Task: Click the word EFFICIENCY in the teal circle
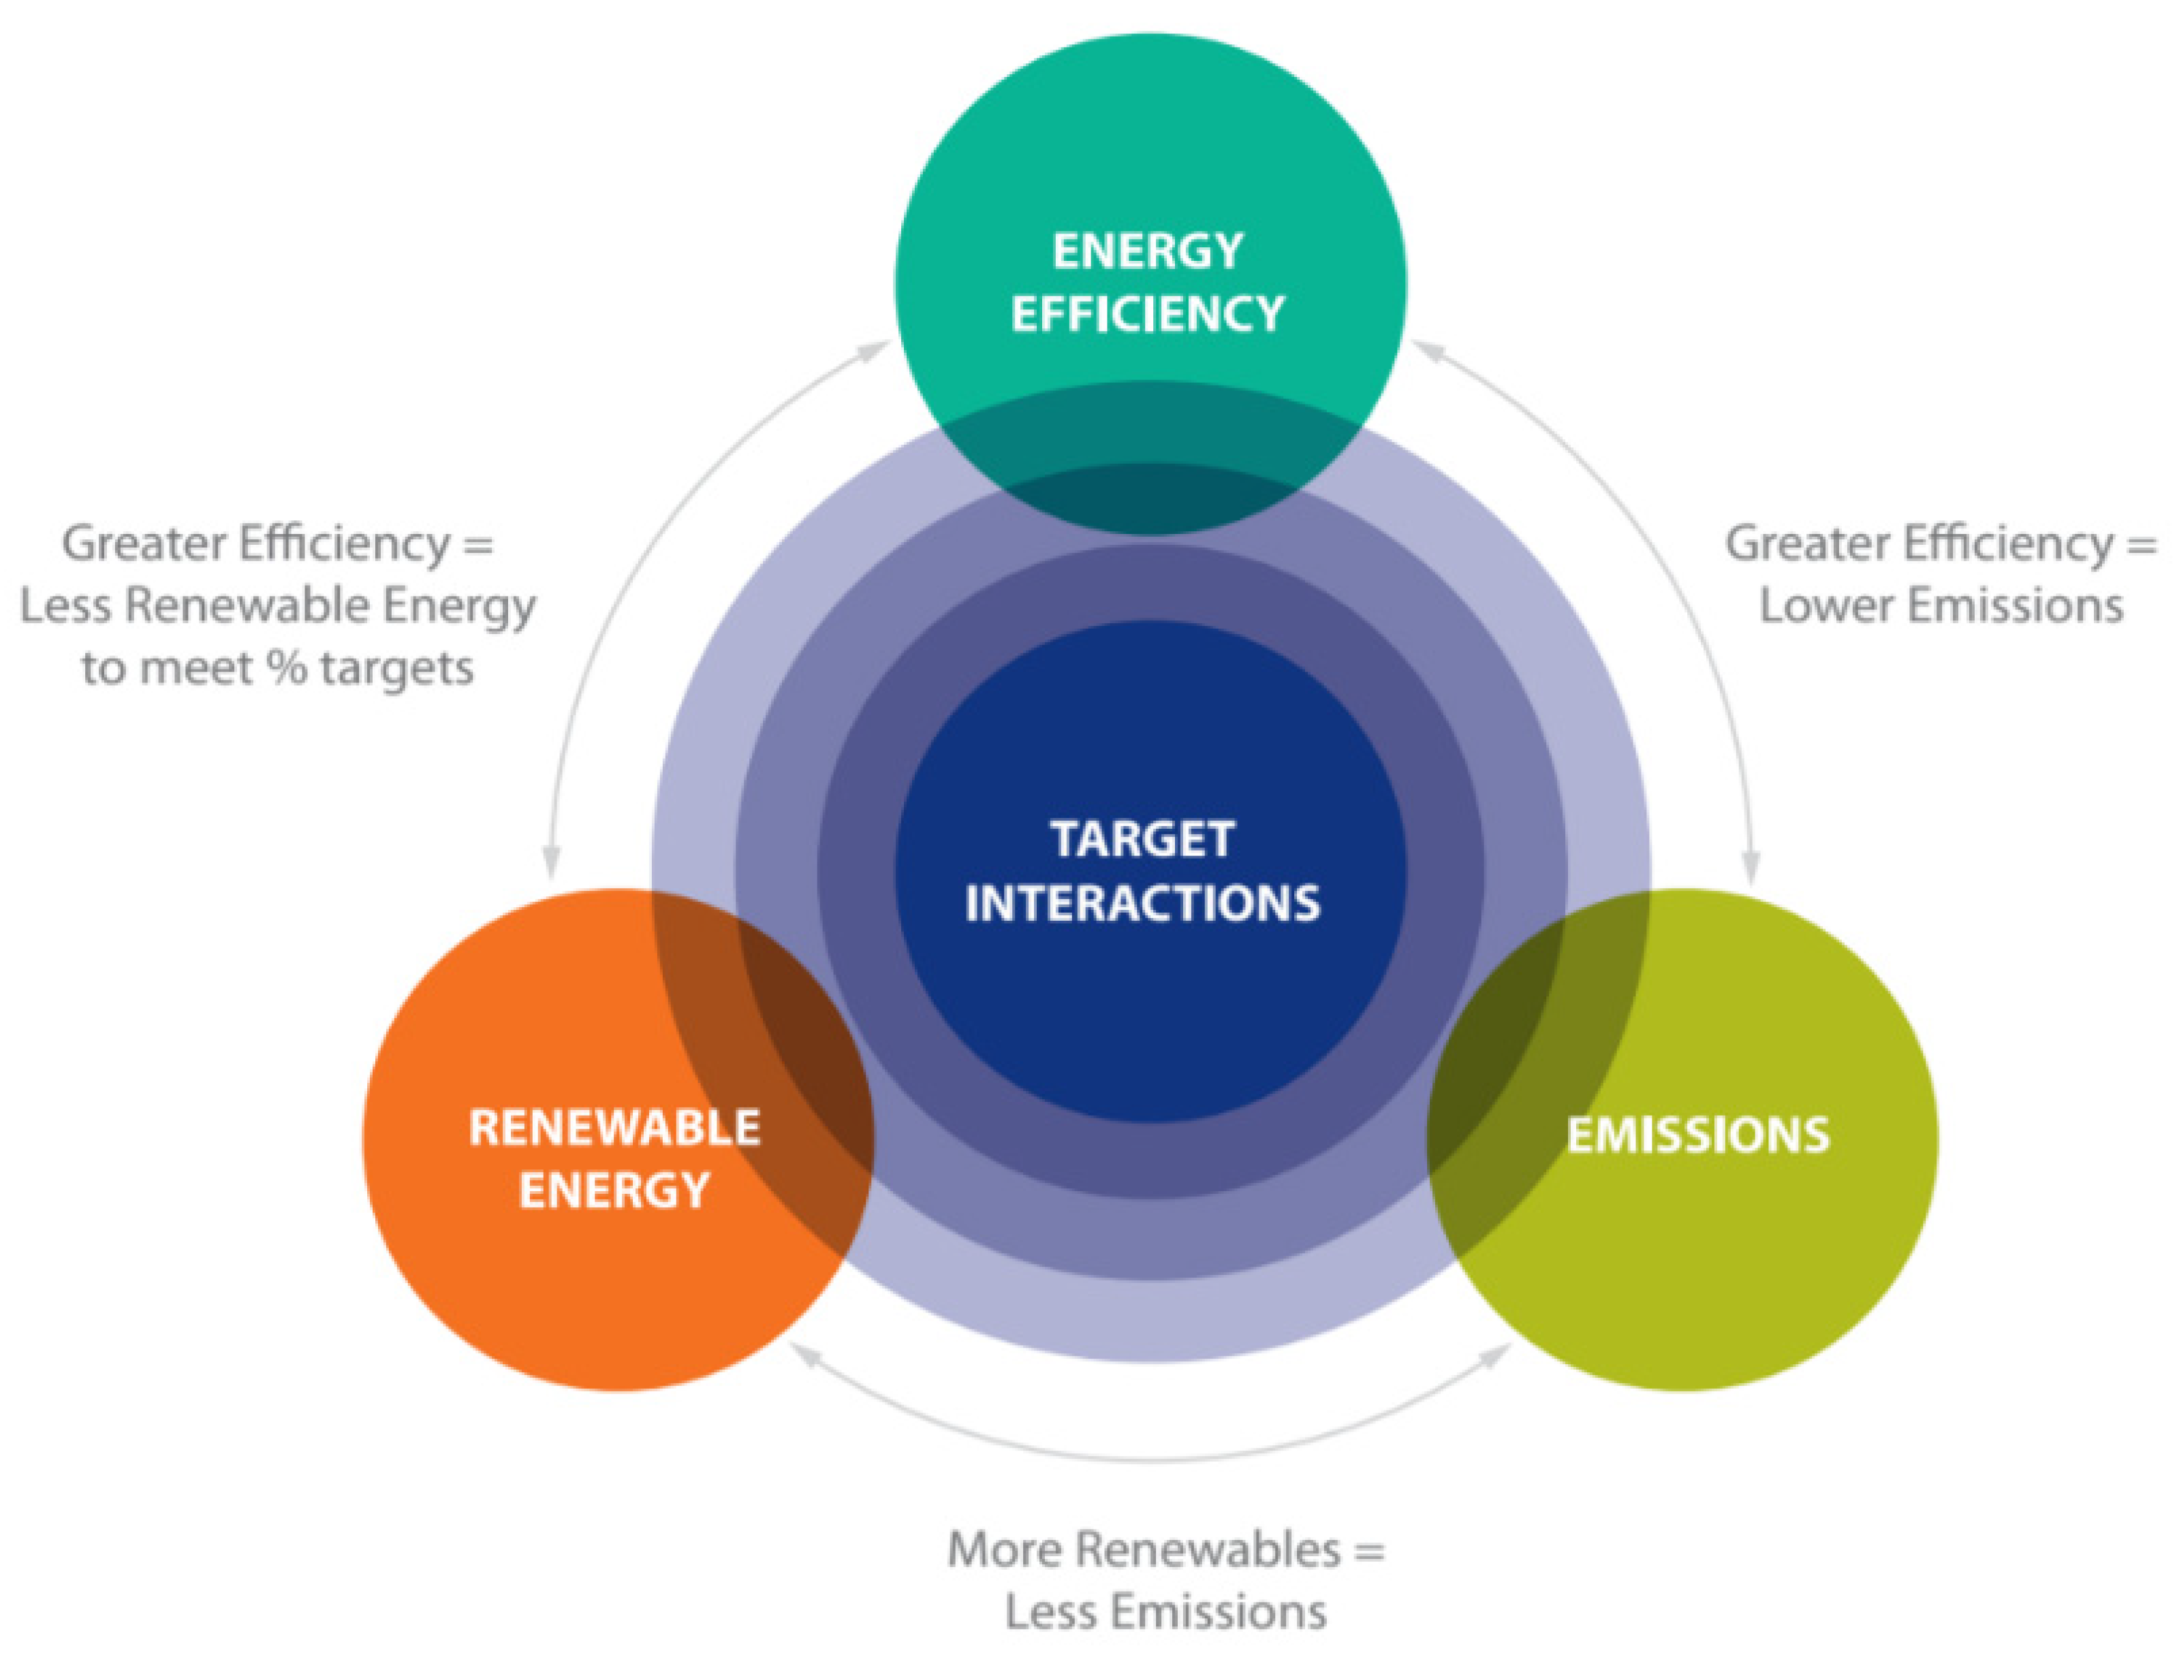pyautogui.click(x=1147, y=314)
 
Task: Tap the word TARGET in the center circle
pyautogui.click(x=1142, y=839)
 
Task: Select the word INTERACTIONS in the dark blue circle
pyautogui.click(x=1142, y=904)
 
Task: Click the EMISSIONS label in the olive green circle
pyautogui.click(x=1697, y=1135)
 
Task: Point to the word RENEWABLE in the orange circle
pyautogui.click(x=614, y=1127)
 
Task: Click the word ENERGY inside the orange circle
pyautogui.click(x=614, y=1190)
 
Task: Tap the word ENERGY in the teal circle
pyautogui.click(x=1147, y=251)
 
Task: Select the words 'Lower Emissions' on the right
pyautogui.click(x=1941, y=605)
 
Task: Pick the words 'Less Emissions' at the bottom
pyautogui.click(x=1165, y=1613)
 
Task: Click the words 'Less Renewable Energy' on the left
pyautogui.click(x=277, y=605)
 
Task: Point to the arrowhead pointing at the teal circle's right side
pyautogui.click(x=1427, y=350)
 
